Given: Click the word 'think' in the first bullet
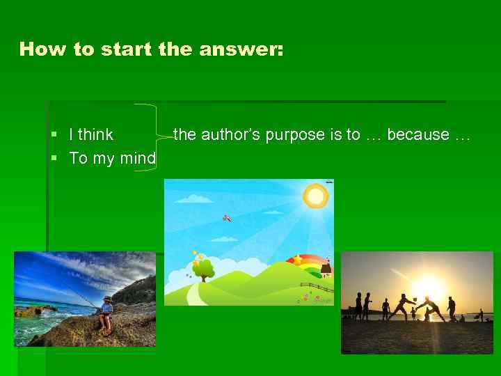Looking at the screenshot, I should point(96,135).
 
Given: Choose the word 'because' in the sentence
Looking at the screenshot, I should point(417,135).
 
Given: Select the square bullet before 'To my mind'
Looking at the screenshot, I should point(54,159).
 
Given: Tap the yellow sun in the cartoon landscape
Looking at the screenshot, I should point(316,196).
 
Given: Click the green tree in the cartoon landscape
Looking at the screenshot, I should point(203,269).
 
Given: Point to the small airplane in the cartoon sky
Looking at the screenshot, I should point(227,218).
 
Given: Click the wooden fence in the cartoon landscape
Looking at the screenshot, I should point(317,286).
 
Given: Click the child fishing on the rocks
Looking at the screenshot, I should point(106,314).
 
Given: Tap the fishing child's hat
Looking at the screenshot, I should point(106,299).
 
